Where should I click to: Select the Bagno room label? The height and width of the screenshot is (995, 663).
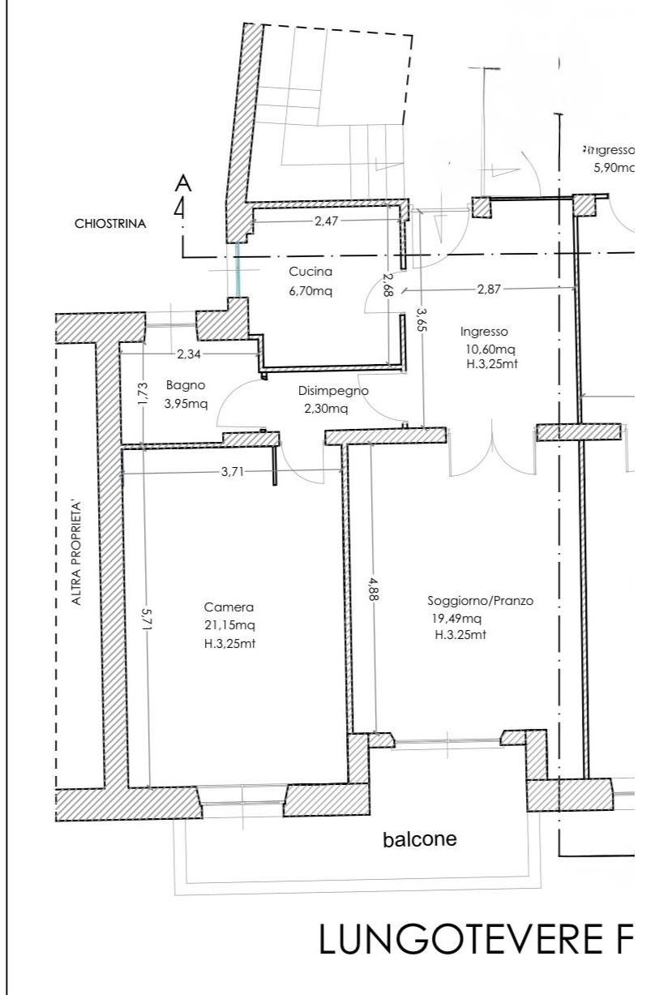tap(185, 386)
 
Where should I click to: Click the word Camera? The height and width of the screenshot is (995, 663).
tap(229, 607)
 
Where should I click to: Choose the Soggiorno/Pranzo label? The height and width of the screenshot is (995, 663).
tap(481, 602)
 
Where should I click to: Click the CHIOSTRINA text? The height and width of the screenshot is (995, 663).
tap(111, 225)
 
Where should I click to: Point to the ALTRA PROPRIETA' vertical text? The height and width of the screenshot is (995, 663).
tap(78, 554)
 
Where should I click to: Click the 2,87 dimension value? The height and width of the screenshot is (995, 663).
tap(488, 289)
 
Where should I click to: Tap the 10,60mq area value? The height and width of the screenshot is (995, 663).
tap(485, 349)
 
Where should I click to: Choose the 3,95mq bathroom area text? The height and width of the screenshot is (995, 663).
tap(185, 404)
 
